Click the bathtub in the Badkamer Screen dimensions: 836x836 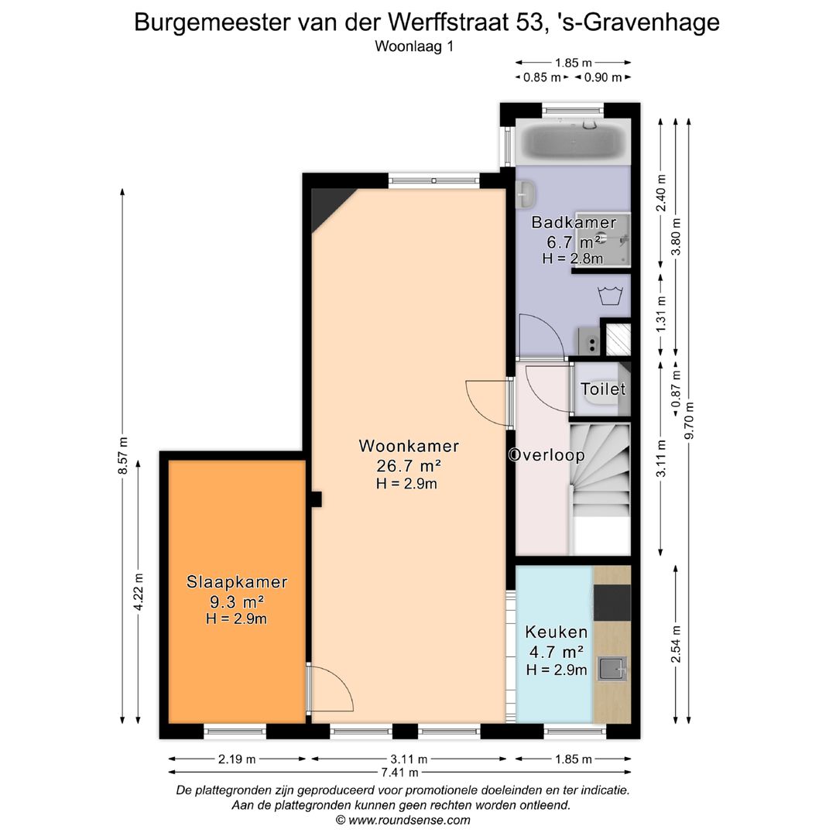tap(573, 142)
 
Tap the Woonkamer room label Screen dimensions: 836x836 tap(409, 447)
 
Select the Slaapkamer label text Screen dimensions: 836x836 tap(237, 583)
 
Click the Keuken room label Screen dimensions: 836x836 tap(555, 632)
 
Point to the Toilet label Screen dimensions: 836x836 tap(603, 389)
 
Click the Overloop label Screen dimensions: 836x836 tap(546, 455)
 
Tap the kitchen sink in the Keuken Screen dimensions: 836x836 tap(612, 668)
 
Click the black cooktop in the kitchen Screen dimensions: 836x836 tap(612, 603)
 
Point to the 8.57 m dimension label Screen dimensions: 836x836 tap(123, 457)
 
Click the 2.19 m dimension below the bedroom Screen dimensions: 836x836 tap(236, 759)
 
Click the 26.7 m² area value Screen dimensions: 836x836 tap(408, 466)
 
